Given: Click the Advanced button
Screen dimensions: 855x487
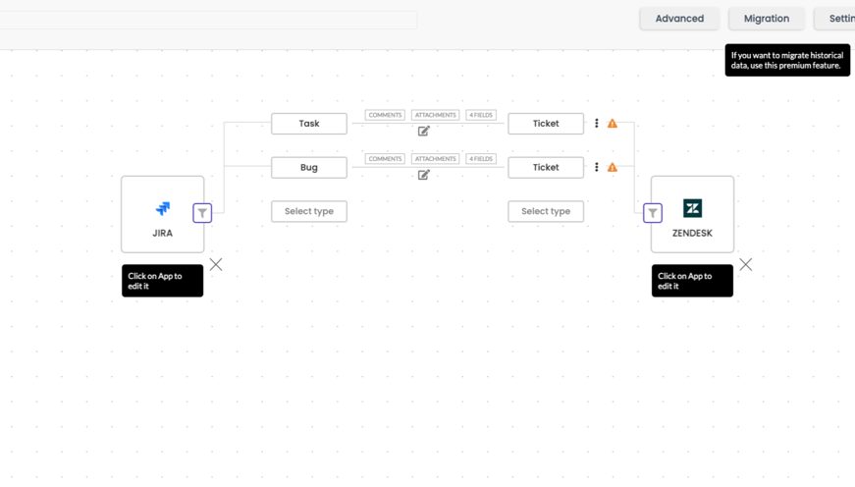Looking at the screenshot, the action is pyautogui.click(x=679, y=19).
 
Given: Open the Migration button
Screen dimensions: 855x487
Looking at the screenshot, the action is pyautogui.click(x=766, y=19).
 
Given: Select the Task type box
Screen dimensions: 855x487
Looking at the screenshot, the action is pyautogui.click(x=309, y=124).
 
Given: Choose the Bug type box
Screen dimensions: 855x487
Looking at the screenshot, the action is pyautogui.click(x=309, y=168).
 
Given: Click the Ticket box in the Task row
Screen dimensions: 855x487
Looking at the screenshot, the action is pyautogui.click(x=546, y=124).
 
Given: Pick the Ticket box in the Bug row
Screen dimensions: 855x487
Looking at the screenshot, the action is pyautogui.click(x=546, y=168).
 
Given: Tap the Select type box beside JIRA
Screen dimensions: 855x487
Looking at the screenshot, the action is pyautogui.click(x=309, y=212).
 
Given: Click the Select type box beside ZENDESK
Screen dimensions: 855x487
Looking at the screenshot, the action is pyautogui.click(x=546, y=212).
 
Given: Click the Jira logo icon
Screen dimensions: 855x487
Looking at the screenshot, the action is pyautogui.click(x=163, y=208).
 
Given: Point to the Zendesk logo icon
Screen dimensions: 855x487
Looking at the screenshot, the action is pyautogui.click(x=692, y=208).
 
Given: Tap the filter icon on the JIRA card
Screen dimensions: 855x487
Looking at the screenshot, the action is pyautogui.click(x=202, y=213).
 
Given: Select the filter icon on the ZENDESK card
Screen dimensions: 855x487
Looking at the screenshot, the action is pyautogui.click(x=653, y=213).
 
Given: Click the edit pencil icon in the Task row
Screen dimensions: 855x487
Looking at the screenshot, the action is pyautogui.click(x=424, y=131).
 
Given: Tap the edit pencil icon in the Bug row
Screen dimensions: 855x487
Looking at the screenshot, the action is pyautogui.click(x=424, y=175).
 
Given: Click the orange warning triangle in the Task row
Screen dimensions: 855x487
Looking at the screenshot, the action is pyautogui.click(x=613, y=124).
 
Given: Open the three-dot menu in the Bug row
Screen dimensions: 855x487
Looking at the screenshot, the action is pyautogui.click(x=597, y=168).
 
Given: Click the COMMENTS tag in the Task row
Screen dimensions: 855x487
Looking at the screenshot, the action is pyautogui.click(x=385, y=115).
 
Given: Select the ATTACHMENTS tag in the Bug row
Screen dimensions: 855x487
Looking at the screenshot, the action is pyautogui.click(x=435, y=159).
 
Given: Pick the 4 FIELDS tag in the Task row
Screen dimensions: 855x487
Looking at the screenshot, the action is pyautogui.click(x=481, y=115).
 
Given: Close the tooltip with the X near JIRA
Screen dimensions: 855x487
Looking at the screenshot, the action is pyautogui.click(x=216, y=264).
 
